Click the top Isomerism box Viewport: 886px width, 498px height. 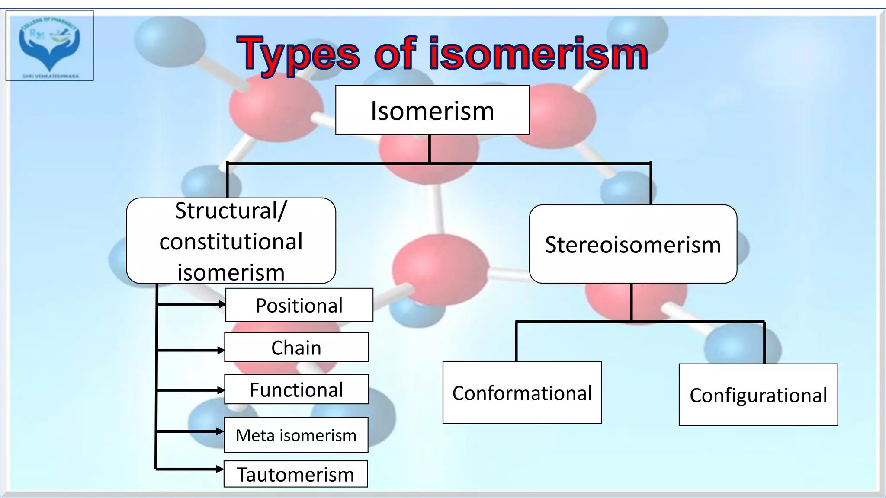click(x=432, y=110)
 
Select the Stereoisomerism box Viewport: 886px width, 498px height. click(x=632, y=244)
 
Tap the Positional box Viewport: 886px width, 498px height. click(x=299, y=305)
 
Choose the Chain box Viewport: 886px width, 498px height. click(x=296, y=348)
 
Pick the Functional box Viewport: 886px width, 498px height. click(x=296, y=389)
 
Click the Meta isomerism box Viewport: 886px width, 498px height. click(x=296, y=435)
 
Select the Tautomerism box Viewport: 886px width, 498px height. click(x=295, y=474)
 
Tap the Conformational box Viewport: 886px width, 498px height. click(x=522, y=393)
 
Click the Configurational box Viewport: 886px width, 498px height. click(x=758, y=395)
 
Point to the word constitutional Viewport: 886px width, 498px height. click(x=231, y=241)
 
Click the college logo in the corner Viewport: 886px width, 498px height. click(x=49, y=45)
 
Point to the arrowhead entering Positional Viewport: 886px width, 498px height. click(x=222, y=304)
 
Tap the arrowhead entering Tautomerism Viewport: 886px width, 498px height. click(x=220, y=469)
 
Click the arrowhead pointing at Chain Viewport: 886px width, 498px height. click(x=221, y=350)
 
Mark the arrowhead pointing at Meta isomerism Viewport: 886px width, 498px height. click(x=220, y=431)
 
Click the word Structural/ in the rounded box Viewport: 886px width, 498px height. click(x=231, y=211)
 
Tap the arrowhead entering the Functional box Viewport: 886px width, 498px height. click(x=221, y=390)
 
